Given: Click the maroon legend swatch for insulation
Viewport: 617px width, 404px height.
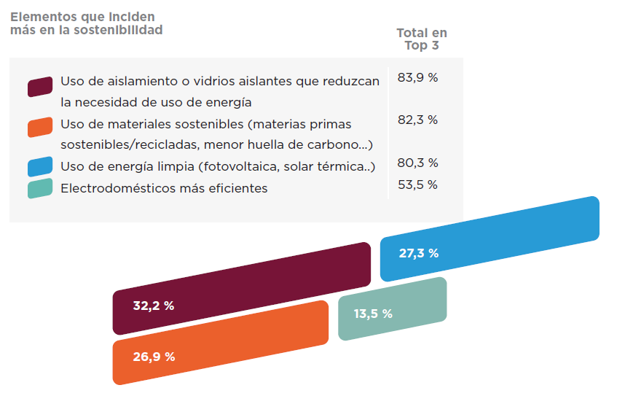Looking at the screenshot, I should pyautogui.click(x=40, y=86).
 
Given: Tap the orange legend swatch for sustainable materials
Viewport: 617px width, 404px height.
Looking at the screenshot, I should pyautogui.click(x=40, y=127).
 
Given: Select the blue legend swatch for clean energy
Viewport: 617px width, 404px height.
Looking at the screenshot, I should pyautogui.click(x=40, y=166).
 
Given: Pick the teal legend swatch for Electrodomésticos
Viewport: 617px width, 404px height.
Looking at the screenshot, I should pyautogui.click(x=40, y=188).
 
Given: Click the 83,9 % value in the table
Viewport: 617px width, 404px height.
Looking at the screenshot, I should pyautogui.click(x=417, y=77).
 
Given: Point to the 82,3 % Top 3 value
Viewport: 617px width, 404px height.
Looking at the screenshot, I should pyautogui.click(x=417, y=120).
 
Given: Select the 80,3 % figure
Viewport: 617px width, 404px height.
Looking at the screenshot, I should pyautogui.click(x=417, y=163).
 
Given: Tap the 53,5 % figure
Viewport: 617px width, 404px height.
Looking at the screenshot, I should pyautogui.click(x=417, y=184).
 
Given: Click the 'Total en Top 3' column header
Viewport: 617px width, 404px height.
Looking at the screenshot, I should pyautogui.click(x=422, y=39).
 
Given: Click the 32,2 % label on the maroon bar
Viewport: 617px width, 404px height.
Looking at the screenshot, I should pyautogui.click(x=153, y=306).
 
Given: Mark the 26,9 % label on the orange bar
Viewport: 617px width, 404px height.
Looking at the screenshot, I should pyautogui.click(x=154, y=357).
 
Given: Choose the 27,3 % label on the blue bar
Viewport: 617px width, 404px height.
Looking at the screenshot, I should pyautogui.click(x=419, y=254).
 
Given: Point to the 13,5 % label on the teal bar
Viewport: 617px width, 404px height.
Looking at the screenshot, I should pyautogui.click(x=373, y=314).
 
